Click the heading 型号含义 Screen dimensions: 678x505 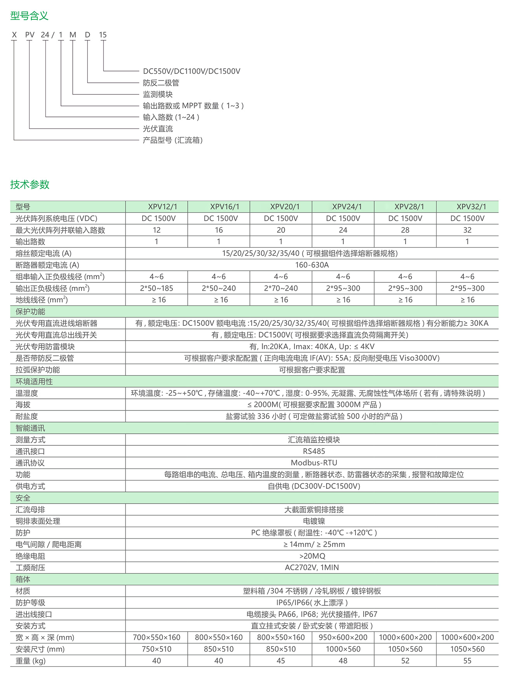pos(29,16)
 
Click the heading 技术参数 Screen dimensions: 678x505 pos(30,184)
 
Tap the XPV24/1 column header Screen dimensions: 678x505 pos(343,207)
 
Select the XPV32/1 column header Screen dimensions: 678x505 pos(467,207)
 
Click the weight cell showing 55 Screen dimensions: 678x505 pos(467,661)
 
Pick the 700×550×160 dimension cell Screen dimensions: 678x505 pos(157,637)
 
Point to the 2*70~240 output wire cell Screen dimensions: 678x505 pos(281,288)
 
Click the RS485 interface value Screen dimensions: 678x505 pos(313,451)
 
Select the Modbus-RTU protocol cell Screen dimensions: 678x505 pos(313,463)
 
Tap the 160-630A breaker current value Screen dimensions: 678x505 pos(312,265)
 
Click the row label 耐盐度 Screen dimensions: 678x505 pos(27,416)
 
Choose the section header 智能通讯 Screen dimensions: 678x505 pos(30,428)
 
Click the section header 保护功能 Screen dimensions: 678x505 pos(30,311)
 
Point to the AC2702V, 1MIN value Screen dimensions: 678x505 pos(312,567)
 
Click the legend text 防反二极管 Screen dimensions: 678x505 pos(161,83)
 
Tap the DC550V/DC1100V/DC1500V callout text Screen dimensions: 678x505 pos(192,71)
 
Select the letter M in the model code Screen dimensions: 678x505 pos(73,35)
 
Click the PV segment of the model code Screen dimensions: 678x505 pos(30,35)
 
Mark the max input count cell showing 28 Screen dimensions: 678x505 pos(405,230)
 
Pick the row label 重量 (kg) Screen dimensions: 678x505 pos(31,661)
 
